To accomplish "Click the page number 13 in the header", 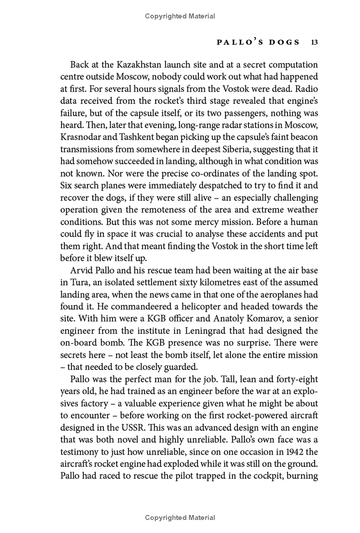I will point(314,43).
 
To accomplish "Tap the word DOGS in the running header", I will point(282,43).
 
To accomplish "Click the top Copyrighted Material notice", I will point(180,16).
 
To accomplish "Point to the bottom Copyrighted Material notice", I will point(180,518).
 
